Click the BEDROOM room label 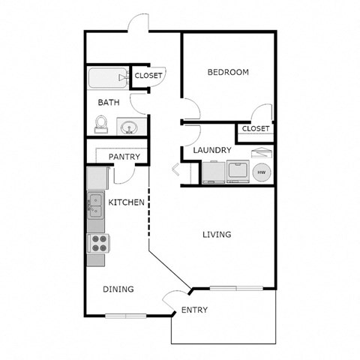[228, 72]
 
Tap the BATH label [106, 102]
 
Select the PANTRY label [124, 157]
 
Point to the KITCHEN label [127, 202]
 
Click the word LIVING [217, 235]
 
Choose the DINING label [118, 289]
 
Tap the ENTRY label [195, 310]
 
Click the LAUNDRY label [212, 150]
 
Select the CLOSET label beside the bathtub [149, 75]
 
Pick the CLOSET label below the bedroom [256, 129]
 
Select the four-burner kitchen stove [98, 243]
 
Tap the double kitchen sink [96, 202]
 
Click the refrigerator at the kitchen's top [97, 178]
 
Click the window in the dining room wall [125, 315]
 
